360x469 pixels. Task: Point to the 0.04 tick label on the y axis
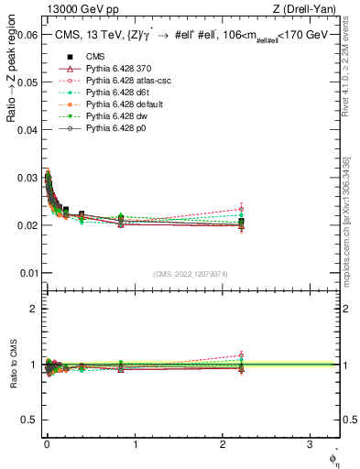point(27,130)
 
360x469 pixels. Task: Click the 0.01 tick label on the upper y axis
point(27,273)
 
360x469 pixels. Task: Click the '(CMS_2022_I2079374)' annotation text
point(191,273)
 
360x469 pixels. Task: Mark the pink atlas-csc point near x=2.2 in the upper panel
point(241,209)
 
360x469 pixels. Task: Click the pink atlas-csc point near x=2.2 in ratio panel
point(241,354)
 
